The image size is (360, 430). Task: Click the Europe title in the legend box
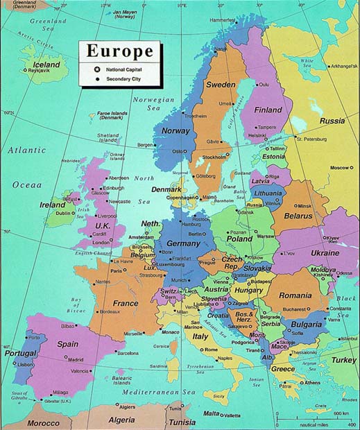[119, 52]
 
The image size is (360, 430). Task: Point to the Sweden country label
[220, 85]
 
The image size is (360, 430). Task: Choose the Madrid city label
[76, 359]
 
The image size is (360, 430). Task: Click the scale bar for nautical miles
[316, 418]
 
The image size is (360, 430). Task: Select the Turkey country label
[343, 360]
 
